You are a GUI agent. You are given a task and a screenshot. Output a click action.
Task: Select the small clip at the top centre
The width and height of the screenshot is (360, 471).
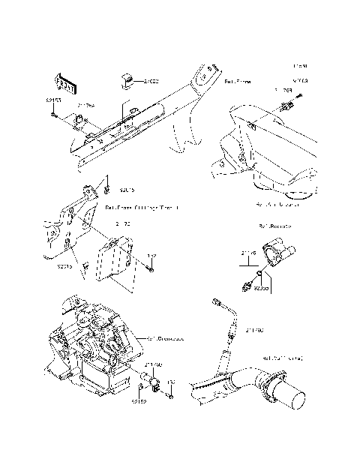click(127, 79)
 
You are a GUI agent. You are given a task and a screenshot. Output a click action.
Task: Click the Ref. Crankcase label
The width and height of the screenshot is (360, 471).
click(166, 338)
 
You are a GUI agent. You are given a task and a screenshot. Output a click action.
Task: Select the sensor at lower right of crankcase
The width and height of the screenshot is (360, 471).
click(154, 383)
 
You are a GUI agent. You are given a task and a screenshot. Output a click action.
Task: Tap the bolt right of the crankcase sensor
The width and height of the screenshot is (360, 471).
click(171, 388)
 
